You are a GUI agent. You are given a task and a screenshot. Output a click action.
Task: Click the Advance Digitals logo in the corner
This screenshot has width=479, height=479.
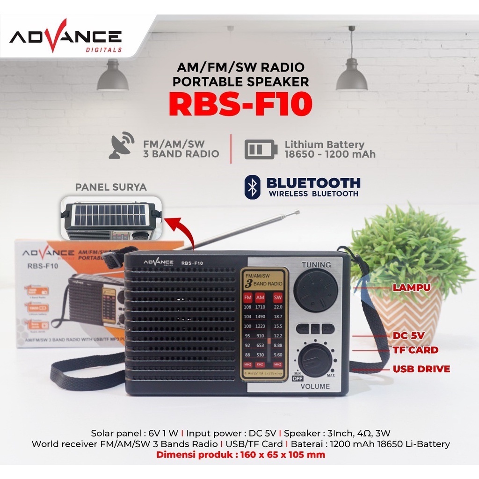[x=65, y=36]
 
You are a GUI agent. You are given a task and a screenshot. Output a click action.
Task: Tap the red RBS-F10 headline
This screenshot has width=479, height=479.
[x=240, y=105]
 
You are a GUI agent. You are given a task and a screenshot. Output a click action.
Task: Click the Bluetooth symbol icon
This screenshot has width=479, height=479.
[x=253, y=188]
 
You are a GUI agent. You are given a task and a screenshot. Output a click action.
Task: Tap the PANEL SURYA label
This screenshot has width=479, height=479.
[x=111, y=188]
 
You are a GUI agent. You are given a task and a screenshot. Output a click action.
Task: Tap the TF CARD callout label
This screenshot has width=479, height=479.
[x=415, y=350]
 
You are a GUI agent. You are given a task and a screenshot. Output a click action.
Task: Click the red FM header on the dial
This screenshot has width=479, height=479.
[x=248, y=298]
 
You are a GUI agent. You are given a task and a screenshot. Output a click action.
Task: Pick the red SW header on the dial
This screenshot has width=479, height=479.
[x=278, y=298]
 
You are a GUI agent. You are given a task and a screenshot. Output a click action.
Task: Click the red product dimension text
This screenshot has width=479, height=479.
[x=240, y=455]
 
